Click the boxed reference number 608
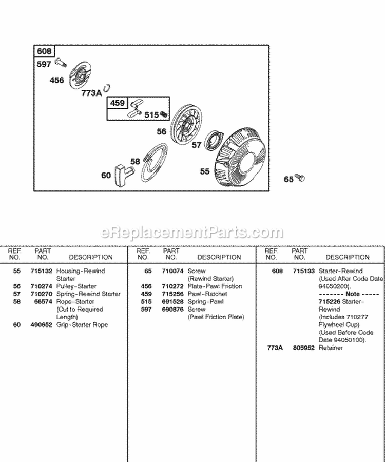pyautogui.click(x=44, y=51)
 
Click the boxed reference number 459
pyautogui.click(x=118, y=103)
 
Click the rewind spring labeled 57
pyautogui.click(x=216, y=140)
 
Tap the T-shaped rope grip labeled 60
pyautogui.click(x=123, y=172)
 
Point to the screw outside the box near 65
pyautogui.click(x=300, y=178)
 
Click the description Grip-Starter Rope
pyautogui.click(x=82, y=325)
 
